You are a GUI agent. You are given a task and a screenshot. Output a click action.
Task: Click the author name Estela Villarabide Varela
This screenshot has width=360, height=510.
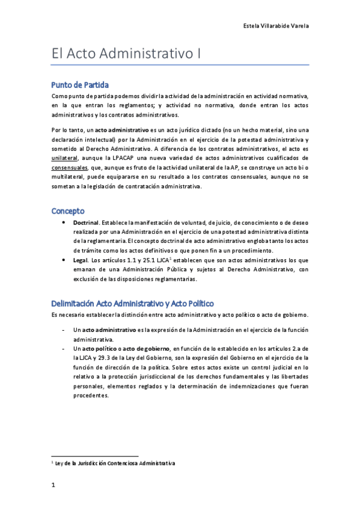coord(275,26)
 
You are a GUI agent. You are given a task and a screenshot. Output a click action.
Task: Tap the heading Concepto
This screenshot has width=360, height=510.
coord(68,211)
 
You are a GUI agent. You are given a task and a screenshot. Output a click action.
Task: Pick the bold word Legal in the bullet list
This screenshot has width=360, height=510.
coord(81,260)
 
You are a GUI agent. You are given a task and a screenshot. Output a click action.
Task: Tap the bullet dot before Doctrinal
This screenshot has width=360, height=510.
coord(65,222)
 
